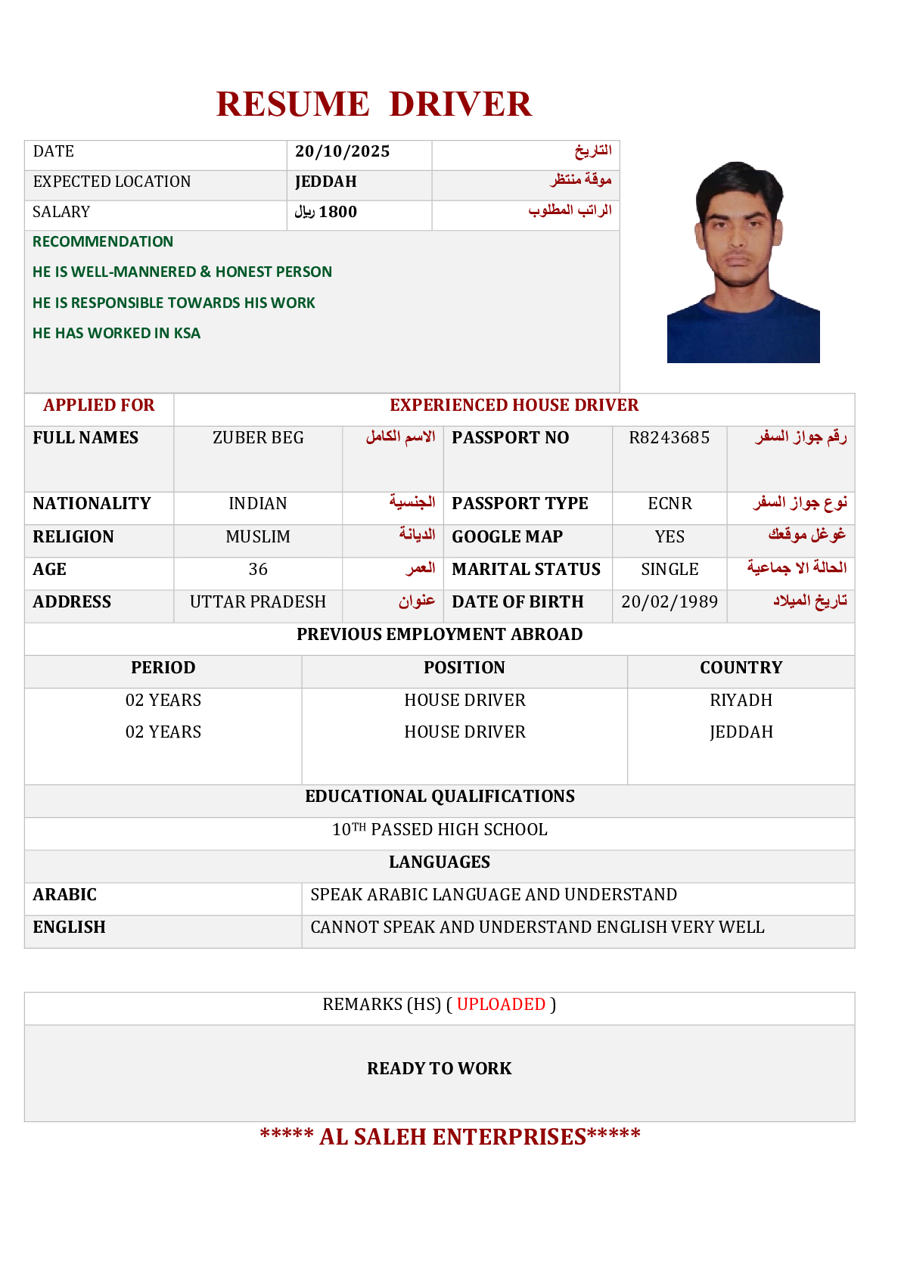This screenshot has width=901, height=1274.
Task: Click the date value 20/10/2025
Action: click(342, 151)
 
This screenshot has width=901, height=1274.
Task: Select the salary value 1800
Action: click(337, 212)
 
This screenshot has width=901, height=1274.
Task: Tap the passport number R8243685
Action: click(669, 438)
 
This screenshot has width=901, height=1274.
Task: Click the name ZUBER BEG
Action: click(258, 438)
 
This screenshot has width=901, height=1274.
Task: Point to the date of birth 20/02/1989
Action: click(669, 602)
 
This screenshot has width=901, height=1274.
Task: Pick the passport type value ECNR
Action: click(670, 504)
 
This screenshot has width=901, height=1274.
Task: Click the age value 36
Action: click(258, 570)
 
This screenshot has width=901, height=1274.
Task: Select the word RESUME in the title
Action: click(293, 104)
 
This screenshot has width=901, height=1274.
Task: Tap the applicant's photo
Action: click(742, 262)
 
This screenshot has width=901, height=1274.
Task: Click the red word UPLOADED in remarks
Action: click(501, 1005)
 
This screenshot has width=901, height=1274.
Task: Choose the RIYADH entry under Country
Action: click(741, 701)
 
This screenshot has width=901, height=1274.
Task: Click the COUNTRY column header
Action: click(741, 668)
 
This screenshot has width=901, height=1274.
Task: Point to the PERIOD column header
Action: click(163, 668)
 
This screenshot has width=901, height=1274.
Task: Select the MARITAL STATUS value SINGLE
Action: click(670, 570)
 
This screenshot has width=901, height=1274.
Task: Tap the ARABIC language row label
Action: click(65, 895)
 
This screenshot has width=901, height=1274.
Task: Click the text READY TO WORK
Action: click(439, 1069)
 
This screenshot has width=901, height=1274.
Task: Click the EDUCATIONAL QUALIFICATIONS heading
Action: click(440, 797)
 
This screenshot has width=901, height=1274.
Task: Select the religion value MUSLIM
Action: click(258, 537)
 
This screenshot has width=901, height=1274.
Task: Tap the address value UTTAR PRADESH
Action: click(258, 602)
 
